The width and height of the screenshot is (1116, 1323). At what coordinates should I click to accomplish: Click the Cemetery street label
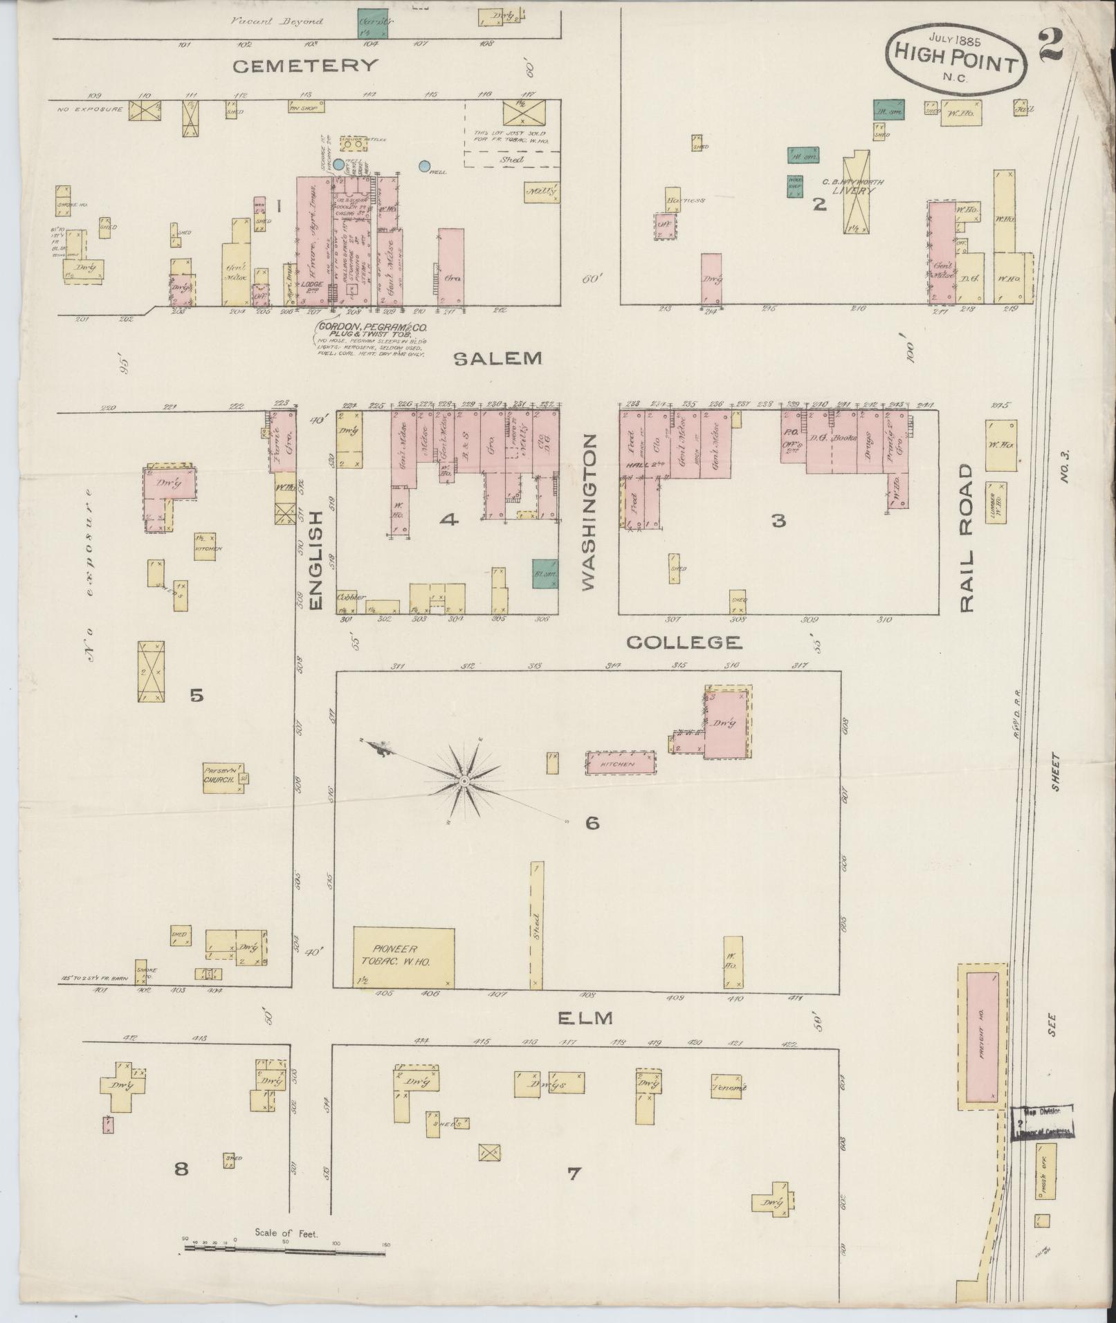[x=305, y=66]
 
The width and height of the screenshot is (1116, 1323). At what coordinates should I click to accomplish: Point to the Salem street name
[x=497, y=358]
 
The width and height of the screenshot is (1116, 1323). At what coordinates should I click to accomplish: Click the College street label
[x=684, y=642]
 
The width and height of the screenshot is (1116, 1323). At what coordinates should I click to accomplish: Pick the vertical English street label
[x=315, y=561]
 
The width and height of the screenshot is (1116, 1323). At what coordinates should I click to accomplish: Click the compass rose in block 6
[x=465, y=781]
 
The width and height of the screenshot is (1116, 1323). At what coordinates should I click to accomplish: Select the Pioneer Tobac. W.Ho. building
[x=404, y=956]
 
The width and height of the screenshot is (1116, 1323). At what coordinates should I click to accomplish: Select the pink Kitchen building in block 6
[x=621, y=764]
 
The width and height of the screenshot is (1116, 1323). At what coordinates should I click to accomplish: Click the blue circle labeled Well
[x=423, y=167]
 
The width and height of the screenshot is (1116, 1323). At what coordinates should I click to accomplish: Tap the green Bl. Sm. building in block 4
[x=545, y=573]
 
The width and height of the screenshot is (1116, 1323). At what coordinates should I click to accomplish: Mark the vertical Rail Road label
[x=966, y=538]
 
